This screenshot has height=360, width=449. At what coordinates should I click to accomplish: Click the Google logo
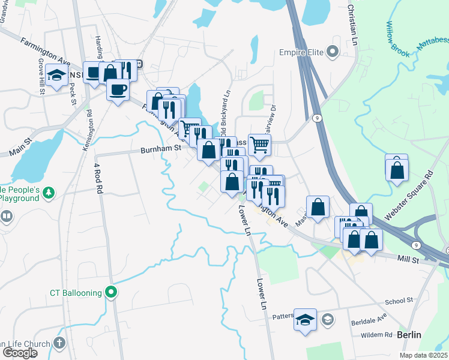click(19, 353)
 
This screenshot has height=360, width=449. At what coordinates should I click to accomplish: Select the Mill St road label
click(408, 259)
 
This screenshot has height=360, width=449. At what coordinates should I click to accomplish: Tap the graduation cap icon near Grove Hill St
click(56, 75)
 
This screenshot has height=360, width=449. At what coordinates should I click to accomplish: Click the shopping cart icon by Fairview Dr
click(259, 144)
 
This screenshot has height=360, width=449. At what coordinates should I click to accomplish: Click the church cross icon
click(59, 343)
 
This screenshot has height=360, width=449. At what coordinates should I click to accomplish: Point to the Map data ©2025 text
click(421, 355)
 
